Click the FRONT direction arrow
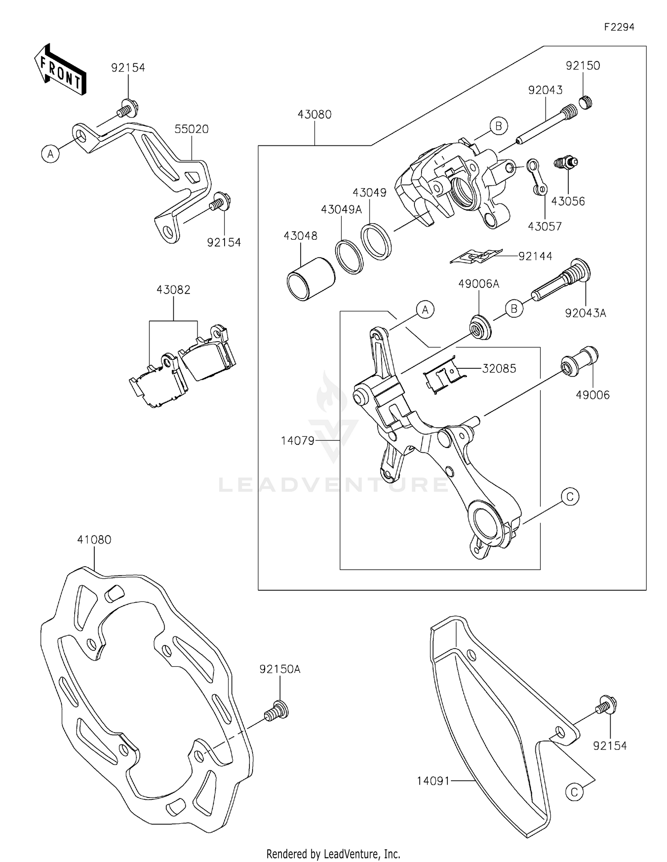[60, 70]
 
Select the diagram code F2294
[619, 27]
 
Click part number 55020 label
[191, 129]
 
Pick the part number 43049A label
[342, 209]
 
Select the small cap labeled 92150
[586, 103]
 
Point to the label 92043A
[585, 313]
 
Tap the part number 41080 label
[94, 540]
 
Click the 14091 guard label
[434, 781]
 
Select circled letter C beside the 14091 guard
[574, 792]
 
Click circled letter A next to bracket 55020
[51, 154]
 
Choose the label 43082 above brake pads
[173, 290]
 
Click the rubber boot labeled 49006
[580, 361]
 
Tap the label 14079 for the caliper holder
[297, 441]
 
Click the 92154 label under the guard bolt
[610, 746]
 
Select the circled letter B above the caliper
[498, 126]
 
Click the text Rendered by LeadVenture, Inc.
[333, 854]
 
